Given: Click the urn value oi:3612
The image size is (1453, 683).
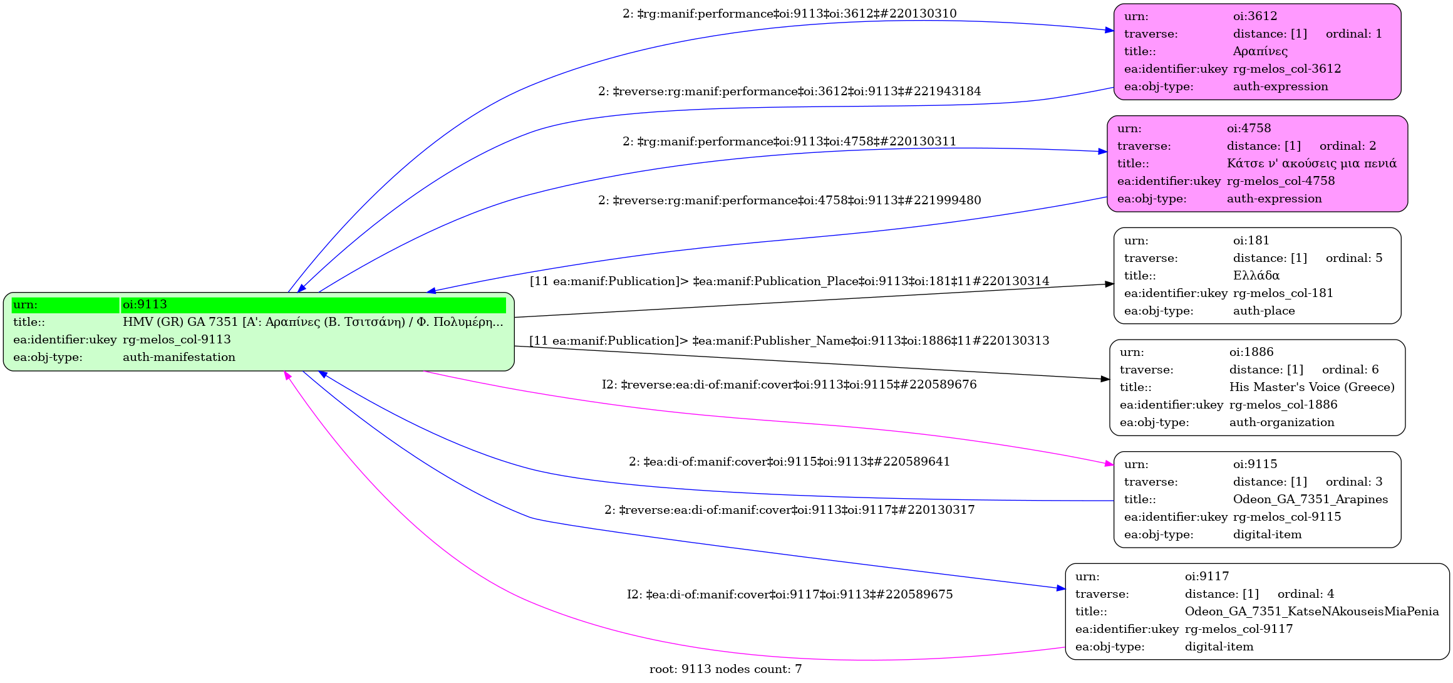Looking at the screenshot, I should tap(1254, 16).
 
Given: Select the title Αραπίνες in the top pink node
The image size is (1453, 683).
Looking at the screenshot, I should tap(1260, 51).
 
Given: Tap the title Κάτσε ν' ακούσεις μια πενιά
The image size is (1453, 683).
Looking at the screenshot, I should tap(1311, 164).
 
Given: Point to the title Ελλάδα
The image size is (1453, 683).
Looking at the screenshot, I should tap(1256, 276).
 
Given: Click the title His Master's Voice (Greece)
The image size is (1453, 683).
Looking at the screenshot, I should tap(1311, 387).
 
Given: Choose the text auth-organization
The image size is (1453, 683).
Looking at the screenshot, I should tap(1281, 422).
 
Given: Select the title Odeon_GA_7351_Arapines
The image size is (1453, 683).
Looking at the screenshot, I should tap(1310, 499).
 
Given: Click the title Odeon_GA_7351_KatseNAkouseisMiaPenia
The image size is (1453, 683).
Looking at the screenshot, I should tap(1311, 612).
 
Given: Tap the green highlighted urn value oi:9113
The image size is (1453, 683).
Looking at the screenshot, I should tap(145, 305).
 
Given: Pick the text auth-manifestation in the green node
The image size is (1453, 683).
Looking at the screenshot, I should tap(179, 357).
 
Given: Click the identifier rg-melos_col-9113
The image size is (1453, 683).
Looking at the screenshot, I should tap(177, 340).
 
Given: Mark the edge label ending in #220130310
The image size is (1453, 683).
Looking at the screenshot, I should tap(789, 14).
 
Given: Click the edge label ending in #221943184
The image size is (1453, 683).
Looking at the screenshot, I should tap(789, 91).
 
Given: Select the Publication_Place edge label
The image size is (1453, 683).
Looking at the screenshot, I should tap(789, 281).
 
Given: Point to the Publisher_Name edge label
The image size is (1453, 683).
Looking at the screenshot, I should tap(789, 341).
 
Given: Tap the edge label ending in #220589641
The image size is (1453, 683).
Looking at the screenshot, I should tap(789, 462).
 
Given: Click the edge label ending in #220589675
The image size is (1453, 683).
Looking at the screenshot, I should tap(789, 595).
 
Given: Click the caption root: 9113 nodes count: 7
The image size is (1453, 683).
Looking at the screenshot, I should tap(725, 669).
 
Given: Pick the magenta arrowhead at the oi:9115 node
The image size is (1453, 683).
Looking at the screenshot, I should tap(1109, 464).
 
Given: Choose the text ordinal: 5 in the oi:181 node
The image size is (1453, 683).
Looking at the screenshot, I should tap(1353, 258).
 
